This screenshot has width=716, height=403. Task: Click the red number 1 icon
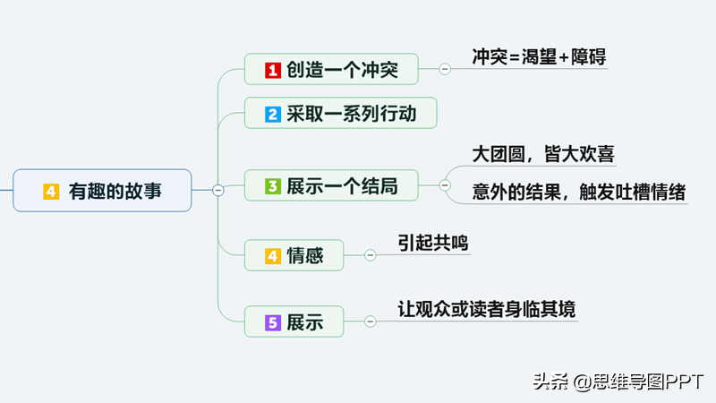(273, 71)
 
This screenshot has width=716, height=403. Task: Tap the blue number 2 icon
(273, 115)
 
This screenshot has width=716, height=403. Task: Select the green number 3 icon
(273, 186)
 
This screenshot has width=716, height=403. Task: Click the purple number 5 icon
(273, 322)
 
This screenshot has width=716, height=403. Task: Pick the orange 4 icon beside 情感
(273, 256)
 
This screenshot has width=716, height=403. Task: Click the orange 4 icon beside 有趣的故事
(51, 192)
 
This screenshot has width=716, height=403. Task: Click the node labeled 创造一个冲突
(331, 69)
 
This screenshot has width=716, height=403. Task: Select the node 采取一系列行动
(341, 113)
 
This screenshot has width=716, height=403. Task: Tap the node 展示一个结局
(331, 185)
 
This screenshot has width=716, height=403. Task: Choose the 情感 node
(294, 255)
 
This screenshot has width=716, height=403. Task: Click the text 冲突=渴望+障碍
(539, 57)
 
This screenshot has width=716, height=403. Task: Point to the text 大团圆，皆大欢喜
(543, 154)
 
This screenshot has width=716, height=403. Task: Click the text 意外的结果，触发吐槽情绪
(578, 192)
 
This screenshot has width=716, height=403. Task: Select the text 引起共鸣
(432, 243)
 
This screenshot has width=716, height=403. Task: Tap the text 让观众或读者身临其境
(486, 309)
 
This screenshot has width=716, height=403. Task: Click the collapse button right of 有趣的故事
(218, 190)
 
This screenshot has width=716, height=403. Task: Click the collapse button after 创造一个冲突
(445, 69)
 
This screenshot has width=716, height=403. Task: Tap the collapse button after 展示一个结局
(445, 185)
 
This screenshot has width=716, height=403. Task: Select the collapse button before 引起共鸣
(371, 255)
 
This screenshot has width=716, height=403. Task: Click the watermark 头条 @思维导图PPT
(618, 382)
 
